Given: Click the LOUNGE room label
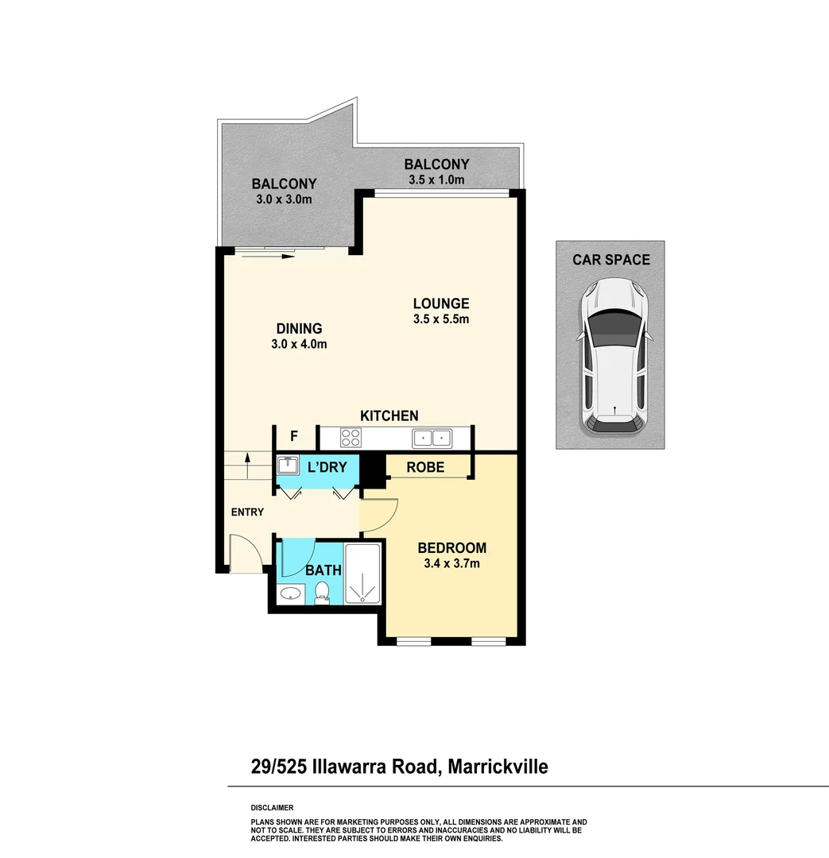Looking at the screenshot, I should coord(441,303).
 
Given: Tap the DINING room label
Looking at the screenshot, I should coord(299,328).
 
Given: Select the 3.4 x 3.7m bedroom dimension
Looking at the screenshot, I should coord(451,564).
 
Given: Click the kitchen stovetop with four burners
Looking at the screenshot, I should coord(351,437).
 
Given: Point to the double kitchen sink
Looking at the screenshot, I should coord(432,437).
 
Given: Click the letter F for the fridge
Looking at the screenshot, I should coord(294,435).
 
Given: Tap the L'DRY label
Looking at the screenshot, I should coord(327,467).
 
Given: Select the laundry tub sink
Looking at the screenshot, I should coord(286,466).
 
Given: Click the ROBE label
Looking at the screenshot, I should coord(425,467).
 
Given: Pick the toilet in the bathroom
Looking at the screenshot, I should coord(323,592).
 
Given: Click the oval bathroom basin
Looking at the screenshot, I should coord(291,593).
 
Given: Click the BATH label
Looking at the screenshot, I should coord(323,570).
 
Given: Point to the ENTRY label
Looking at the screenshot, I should coord(247,512).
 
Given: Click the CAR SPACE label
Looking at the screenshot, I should coord(611,259).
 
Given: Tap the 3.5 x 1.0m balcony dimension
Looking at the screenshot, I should coord(436,180).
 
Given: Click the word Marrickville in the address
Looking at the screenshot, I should coord(498,767).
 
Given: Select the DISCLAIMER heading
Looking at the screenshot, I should coord(272,807).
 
